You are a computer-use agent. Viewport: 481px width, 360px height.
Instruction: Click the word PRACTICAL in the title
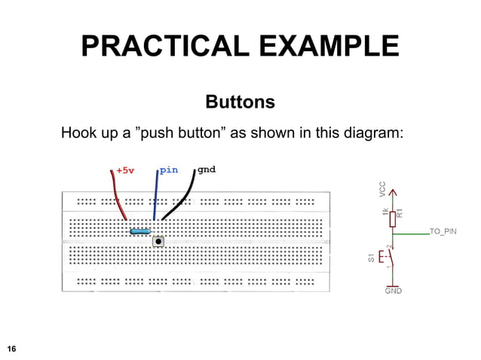tap(165, 47)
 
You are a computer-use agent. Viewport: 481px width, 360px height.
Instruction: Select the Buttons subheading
tap(240, 101)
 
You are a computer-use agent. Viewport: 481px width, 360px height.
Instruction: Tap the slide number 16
tap(11, 348)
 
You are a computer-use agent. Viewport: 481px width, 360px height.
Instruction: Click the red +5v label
tap(125, 170)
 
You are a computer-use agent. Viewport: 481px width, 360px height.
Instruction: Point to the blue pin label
tap(169, 169)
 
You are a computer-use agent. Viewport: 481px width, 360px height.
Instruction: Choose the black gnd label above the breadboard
tap(206, 169)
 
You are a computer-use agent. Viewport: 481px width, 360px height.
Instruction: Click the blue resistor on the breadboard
tap(140, 231)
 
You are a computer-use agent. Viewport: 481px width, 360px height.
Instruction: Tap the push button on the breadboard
tap(158, 242)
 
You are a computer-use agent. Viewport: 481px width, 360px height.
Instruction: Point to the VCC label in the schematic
tap(382, 189)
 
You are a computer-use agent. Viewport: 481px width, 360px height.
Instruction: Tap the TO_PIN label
tap(442, 231)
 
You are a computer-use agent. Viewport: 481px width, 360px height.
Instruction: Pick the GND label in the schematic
tap(393, 290)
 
